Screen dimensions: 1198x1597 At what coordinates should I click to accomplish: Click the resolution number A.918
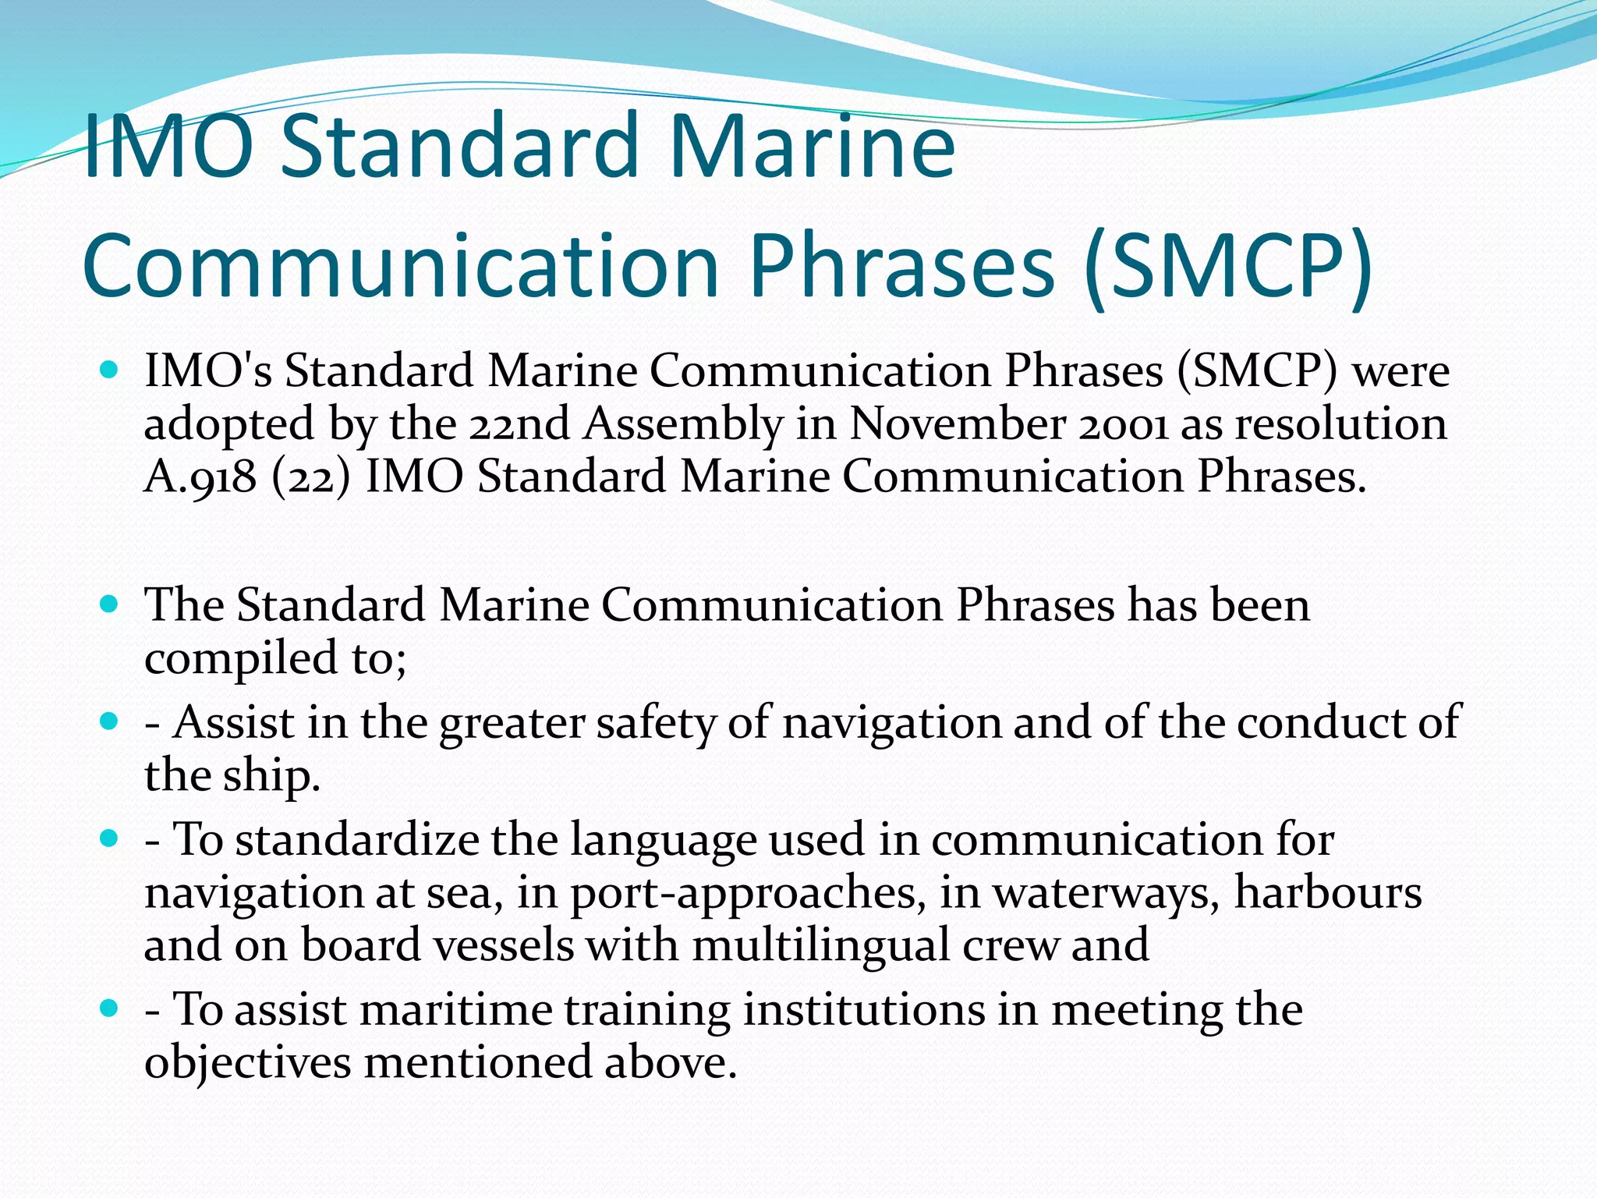200,477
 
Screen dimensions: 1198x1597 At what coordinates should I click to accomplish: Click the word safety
656,722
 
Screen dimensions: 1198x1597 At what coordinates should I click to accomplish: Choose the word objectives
247,1063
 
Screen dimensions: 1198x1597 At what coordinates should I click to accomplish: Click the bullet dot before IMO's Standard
109,369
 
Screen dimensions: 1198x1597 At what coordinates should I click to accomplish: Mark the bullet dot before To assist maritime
109,1008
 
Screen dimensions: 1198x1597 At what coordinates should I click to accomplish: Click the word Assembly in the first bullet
683,424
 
